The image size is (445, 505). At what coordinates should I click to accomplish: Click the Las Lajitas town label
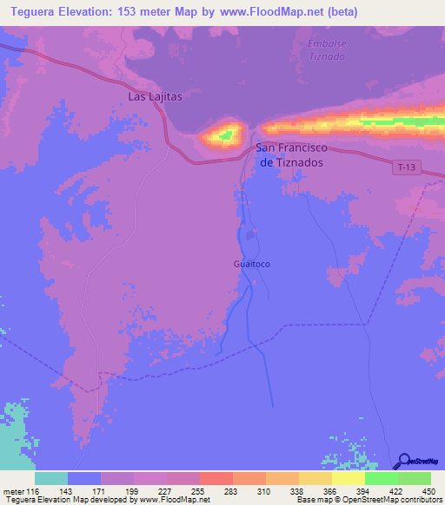(x=155, y=96)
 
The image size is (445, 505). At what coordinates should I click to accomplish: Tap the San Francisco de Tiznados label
(x=301, y=155)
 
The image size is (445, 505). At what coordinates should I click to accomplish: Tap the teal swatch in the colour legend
(x=50, y=479)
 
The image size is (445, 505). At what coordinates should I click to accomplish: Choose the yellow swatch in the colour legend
(x=348, y=479)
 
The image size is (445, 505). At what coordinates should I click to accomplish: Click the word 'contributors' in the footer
(x=420, y=499)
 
